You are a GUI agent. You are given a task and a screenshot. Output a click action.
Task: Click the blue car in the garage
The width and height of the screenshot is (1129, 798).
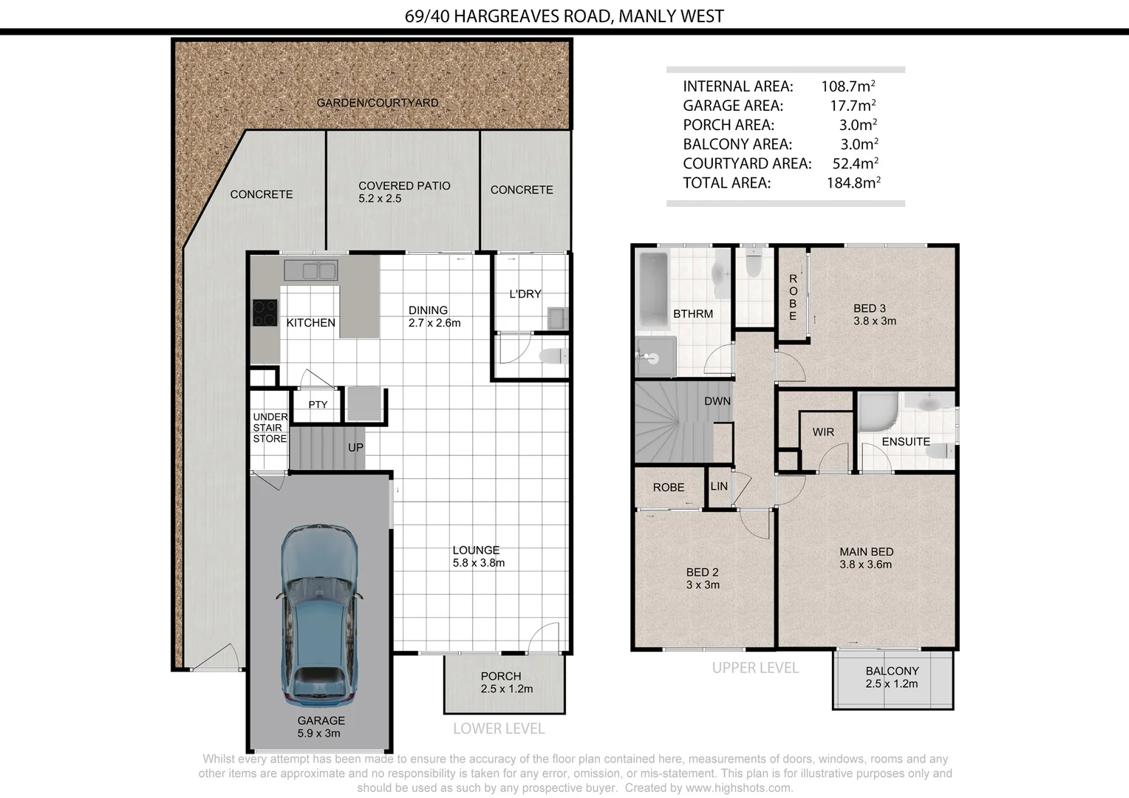pyautogui.click(x=319, y=615)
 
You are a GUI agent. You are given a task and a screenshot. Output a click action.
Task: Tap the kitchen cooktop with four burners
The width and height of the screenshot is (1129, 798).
pyautogui.click(x=265, y=313)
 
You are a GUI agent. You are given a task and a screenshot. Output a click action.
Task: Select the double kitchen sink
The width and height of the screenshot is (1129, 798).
pyautogui.click(x=311, y=270)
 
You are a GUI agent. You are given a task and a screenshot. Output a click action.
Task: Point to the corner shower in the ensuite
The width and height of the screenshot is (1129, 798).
pyautogui.click(x=879, y=412)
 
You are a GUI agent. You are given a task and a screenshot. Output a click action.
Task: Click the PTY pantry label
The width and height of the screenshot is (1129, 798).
pyautogui.click(x=318, y=405)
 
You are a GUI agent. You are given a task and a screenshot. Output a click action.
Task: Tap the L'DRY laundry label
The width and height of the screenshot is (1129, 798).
pyautogui.click(x=525, y=294)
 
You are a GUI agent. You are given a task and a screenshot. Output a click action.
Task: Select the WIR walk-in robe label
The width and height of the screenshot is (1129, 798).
pyautogui.click(x=823, y=432)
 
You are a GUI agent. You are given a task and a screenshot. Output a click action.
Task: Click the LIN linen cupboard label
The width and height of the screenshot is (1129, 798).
pyautogui.click(x=719, y=486)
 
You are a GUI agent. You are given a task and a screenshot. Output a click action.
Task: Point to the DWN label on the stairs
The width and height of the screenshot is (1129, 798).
pyautogui.click(x=717, y=400)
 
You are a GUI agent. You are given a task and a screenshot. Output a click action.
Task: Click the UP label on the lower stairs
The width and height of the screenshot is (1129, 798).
pyautogui.click(x=355, y=448)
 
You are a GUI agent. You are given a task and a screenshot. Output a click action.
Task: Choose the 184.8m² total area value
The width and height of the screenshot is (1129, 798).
pyautogui.click(x=853, y=183)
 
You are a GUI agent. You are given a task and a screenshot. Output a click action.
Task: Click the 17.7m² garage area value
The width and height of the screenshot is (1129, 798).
pyautogui.click(x=853, y=106)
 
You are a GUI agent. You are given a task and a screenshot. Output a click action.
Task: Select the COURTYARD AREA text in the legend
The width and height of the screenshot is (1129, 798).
pyautogui.click(x=747, y=163)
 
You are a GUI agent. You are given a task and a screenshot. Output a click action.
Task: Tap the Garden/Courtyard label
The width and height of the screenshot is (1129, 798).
pyautogui.click(x=378, y=103)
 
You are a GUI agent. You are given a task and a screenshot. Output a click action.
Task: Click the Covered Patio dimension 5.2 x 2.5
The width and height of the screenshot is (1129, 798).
pyautogui.click(x=380, y=199)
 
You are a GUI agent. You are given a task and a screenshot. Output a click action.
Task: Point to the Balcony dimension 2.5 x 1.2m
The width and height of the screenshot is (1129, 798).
pyautogui.click(x=892, y=683)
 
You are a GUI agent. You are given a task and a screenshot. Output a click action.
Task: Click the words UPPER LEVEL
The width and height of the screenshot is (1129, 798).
pyautogui.click(x=755, y=668)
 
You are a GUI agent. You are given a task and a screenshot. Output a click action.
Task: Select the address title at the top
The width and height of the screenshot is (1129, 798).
pyautogui.click(x=564, y=16)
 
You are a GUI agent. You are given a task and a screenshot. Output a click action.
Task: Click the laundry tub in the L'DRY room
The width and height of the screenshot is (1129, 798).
pyautogui.click(x=557, y=318)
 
